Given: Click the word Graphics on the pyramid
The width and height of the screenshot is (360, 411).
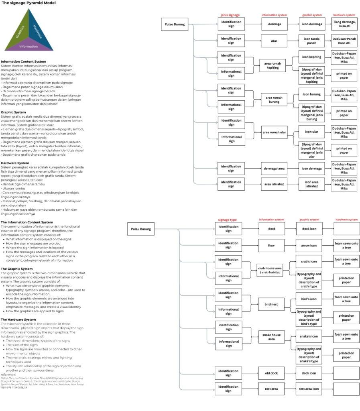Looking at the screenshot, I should [20, 31].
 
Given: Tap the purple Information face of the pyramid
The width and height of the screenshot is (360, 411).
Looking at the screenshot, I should [28, 47].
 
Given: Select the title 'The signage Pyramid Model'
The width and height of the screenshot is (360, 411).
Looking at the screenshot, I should [29, 3].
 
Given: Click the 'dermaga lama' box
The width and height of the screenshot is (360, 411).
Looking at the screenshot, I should [275, 169].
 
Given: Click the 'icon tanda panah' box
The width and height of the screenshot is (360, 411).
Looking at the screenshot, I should [312, 41].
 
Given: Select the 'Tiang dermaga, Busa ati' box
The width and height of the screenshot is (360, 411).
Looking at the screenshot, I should [344, 24].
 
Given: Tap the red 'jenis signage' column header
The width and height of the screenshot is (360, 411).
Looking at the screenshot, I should [230, 15].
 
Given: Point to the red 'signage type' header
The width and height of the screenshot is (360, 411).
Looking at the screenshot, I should [228, 220].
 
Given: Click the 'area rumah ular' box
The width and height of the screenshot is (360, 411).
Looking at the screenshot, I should [275, 132].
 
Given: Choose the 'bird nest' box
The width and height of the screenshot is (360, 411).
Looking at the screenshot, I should [271, 304].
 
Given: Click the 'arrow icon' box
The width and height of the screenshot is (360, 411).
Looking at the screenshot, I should [309, 245].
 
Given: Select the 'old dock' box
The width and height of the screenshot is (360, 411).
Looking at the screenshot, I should [271, 373].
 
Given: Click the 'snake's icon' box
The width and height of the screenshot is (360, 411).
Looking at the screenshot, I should [309, 336].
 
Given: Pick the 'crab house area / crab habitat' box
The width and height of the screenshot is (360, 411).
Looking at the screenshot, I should [270, 270].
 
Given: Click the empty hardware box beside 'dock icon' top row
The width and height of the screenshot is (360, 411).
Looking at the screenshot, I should [346, 229].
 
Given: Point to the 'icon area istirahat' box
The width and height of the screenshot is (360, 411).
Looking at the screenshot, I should [312, 184].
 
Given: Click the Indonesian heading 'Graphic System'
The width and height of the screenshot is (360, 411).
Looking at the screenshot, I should [13, 112].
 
